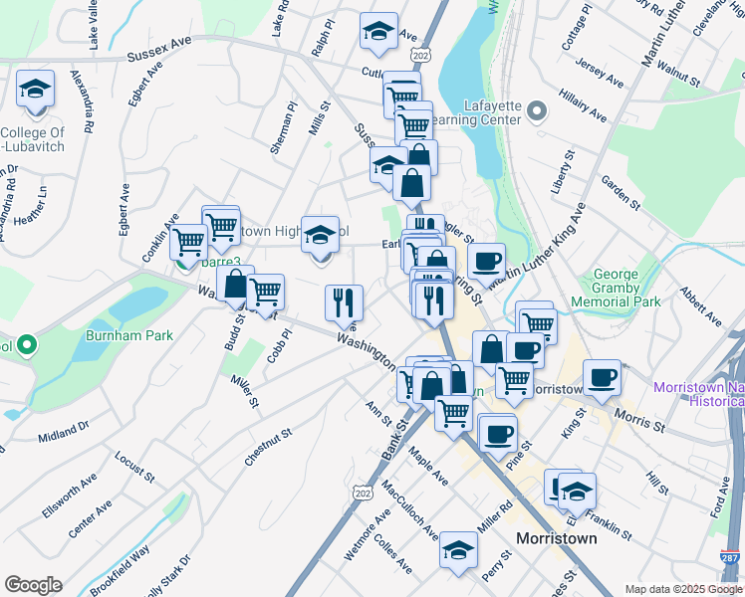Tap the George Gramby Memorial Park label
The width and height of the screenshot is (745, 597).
click(627, 288)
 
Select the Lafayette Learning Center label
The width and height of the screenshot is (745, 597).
click(493, 111)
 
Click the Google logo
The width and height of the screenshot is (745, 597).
click(33, 585)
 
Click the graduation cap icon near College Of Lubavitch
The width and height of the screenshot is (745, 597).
click(35, 91)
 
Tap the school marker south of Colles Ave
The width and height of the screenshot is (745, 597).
click(458, 550)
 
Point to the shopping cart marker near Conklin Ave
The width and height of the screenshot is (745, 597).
click(187, 242)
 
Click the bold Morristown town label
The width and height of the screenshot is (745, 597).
click(556, 538)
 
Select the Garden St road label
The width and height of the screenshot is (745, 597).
click(620, 193)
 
